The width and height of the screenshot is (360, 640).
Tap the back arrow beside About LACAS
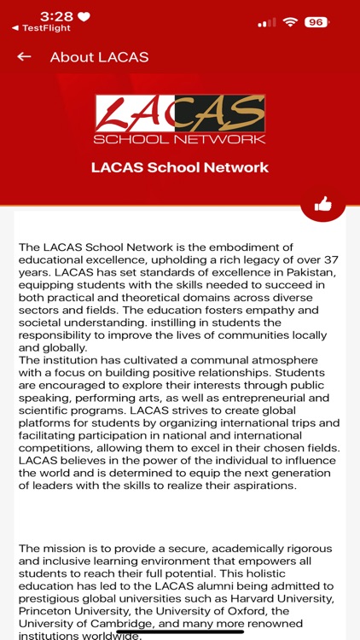tap(24, 57)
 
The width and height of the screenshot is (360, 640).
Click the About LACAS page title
tap(99, 57)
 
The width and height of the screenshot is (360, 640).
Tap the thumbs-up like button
tap(322, 204)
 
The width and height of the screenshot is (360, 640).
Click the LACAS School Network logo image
tap(180, 119)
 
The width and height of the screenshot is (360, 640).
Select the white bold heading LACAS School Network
tap(180, 167)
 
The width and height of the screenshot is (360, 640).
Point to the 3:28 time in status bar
tap(57, 17)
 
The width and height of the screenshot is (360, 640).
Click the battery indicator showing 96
tap(316, 22)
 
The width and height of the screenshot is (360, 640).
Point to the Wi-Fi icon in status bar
tap(290, 22)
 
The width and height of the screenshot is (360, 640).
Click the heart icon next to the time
tap(84, 17)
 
